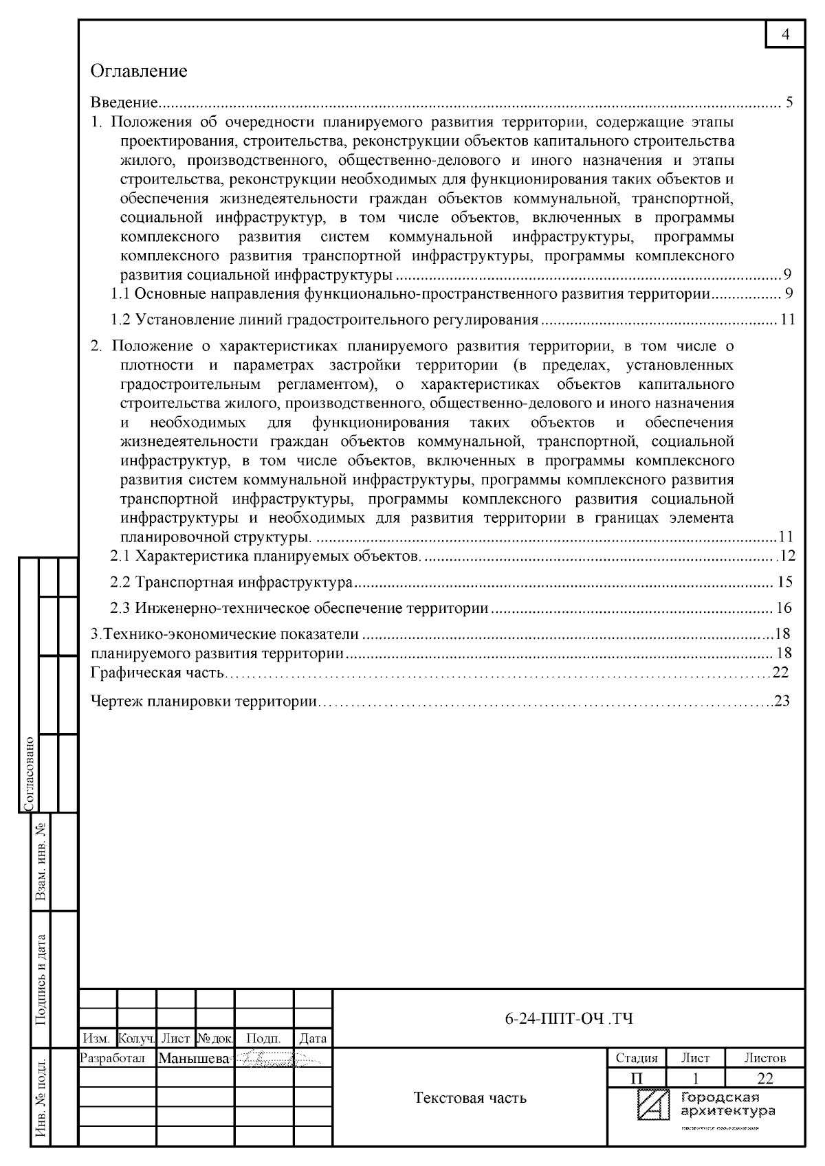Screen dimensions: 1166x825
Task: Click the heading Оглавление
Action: [x=139, y=71]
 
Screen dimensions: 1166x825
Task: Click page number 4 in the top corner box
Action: [x=786, y=35]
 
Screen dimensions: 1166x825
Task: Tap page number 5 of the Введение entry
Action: [x=789, y=103]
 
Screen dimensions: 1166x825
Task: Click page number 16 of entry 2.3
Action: [x=784, y=608]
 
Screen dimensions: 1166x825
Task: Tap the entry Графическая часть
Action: [x=157, y=672]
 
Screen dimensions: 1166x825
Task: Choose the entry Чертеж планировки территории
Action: [x=204, y=702]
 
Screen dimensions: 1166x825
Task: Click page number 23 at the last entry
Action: [x=782, y=702]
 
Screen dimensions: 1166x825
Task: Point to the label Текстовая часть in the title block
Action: [x=470, y=1098]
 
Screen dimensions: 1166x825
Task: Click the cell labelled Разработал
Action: [x=113, y=1059]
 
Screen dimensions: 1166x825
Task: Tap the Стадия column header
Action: [x=636, y=1058]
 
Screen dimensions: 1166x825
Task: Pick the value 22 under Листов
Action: [x=764, y=1077]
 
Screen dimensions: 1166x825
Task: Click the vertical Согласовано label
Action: [x=29, y=774]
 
